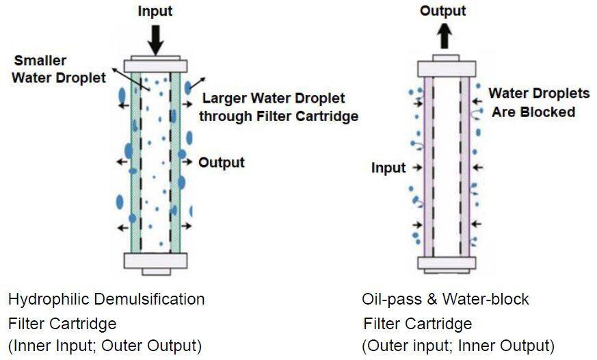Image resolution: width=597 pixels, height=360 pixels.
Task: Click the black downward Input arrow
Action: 157,38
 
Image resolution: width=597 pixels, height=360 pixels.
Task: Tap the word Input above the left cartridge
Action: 157,12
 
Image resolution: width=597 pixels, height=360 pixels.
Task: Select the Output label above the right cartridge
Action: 443,10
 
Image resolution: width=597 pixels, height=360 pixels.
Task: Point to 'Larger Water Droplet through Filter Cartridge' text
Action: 278,107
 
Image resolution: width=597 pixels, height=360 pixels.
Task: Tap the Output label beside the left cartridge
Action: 221,163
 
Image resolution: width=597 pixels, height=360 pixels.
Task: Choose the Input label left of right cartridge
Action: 388,168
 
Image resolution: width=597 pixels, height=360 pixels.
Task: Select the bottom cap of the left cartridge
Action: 157,261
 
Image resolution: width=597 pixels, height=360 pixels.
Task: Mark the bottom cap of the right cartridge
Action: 445,264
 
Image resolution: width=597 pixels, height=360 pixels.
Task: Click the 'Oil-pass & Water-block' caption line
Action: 445,299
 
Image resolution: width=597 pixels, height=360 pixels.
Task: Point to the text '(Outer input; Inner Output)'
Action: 458,344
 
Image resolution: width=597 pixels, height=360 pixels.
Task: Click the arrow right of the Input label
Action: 417,167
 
